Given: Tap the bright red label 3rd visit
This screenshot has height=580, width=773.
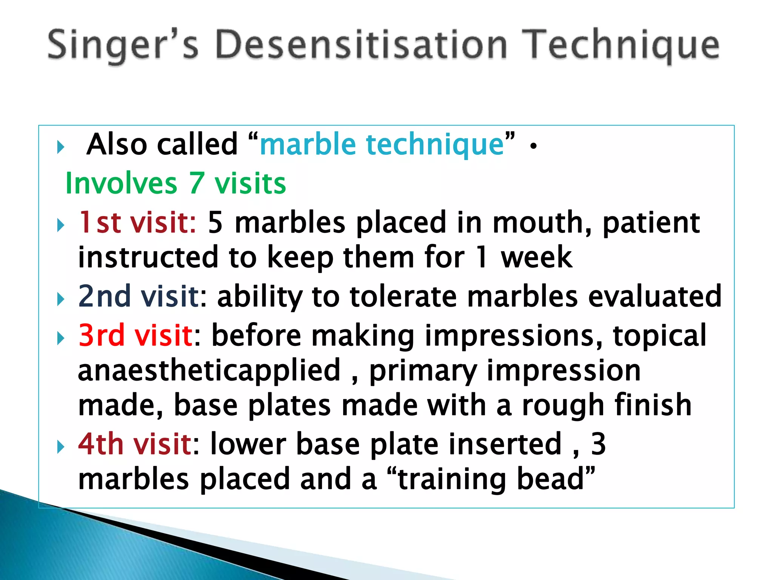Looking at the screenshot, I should click(x=136, y=335).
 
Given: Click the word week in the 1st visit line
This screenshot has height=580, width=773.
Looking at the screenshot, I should click(x=536, y=258).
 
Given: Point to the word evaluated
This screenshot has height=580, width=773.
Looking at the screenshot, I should click(x=655, y=296).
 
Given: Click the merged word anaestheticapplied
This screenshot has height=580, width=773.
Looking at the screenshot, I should click(x=209, y=370).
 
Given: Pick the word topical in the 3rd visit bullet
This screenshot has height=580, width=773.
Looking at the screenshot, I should click(x=659, y=335).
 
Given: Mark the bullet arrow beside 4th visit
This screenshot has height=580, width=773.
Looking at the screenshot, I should click(x=60, y=447).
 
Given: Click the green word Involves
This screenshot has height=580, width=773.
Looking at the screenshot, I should click(x=121, y=184).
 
